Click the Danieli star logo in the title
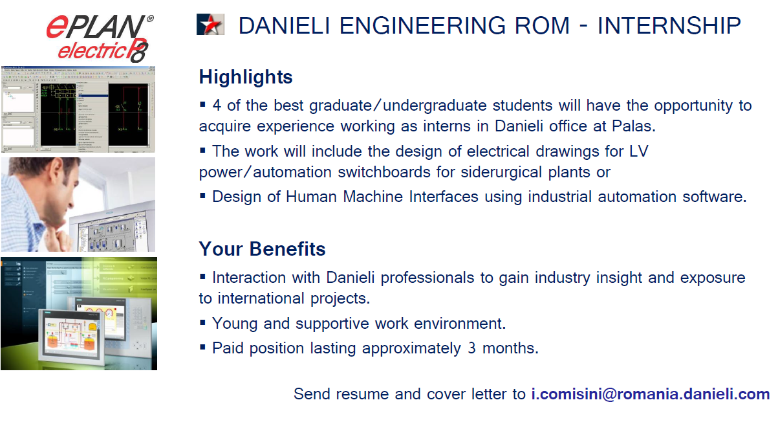pyautogui.click(x=210, y=25)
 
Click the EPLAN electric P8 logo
pyautogui.click(x=100, y=38)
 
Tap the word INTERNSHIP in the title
pyautogui.click(x=669, y=25)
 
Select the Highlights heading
pyautogui.click(x=246, y=76)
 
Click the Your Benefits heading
pyautogui.click(x=262, y=249)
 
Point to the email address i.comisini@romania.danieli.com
pyautogui.click(x=651, y=394)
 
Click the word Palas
pyautogui.click(x=634, y=126)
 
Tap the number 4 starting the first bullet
pyautogui.click(x=217, y=105)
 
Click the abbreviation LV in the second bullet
pyautogui.click(x=639, y=151)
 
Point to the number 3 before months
pyautogui.click(x=471, y=348)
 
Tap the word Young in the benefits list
pyautogui.click(x=235, y=324)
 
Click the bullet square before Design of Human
pyautogui.click(x=203, y=195)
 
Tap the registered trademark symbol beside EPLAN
pyautogui.click(x=150, y=19)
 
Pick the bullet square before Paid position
pyautogui.click(x=203, y=346)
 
